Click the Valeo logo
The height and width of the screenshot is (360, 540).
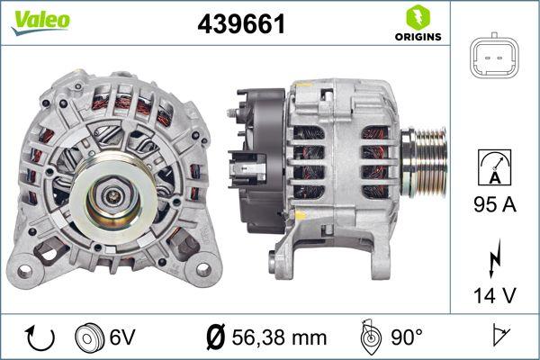[x=40, y=21]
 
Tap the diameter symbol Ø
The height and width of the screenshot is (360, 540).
[x=215, y=337]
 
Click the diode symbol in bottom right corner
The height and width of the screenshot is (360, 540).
[x=497, y=337]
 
